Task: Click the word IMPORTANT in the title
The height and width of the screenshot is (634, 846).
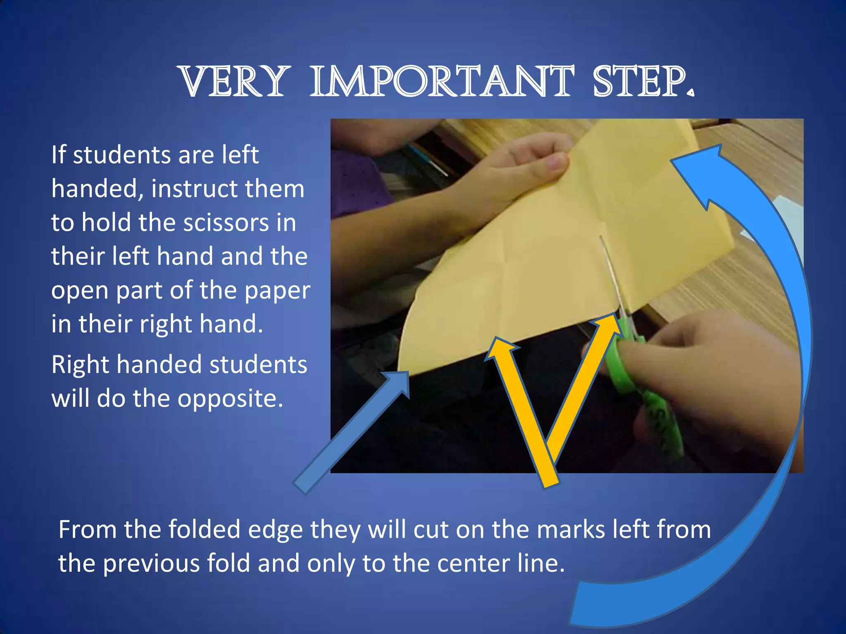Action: tap(442, 82)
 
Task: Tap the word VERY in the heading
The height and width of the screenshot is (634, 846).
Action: tap(233, 82)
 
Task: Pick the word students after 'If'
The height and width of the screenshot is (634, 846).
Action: tap(124, 155)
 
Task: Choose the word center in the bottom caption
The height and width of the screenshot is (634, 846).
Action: tap(470, 563)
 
